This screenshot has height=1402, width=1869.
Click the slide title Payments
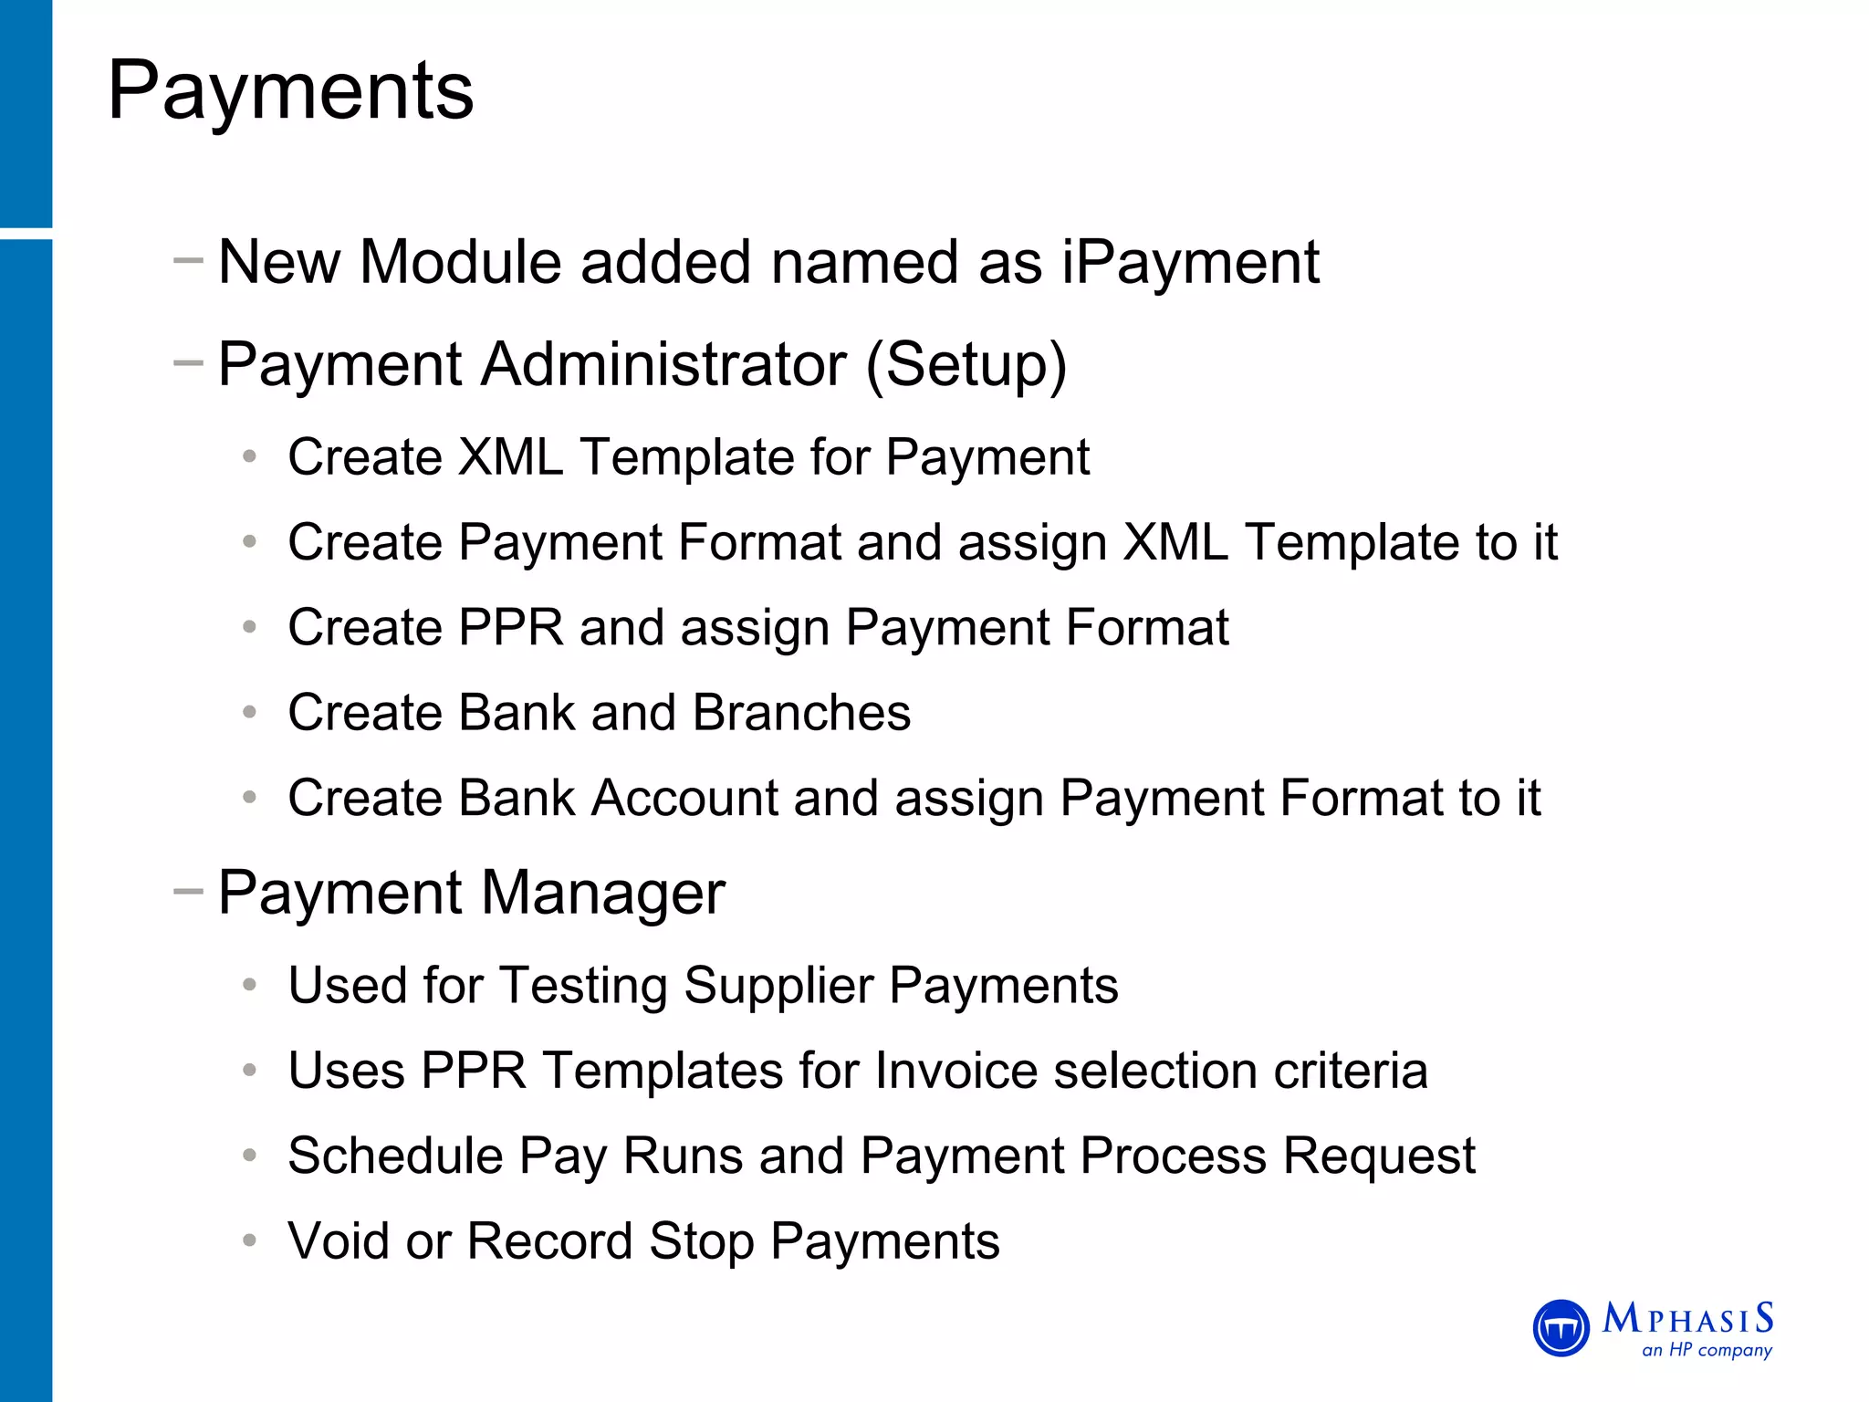[x=290, y=91]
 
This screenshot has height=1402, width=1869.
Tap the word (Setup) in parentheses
[x=966, y=365]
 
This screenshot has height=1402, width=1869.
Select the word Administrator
[x=663, y=364]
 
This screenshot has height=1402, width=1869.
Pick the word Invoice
[x=955, y=1071]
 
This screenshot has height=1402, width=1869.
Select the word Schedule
[x=395, y=1156]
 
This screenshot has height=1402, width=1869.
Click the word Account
[x=684, y=799]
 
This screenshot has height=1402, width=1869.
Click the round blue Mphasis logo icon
[x=1561, y=1328]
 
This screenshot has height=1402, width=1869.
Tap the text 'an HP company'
[x=1707, y=1350]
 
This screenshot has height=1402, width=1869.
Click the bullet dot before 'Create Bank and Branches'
[x=249, y=713]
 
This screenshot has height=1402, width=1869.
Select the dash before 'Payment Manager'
[x=188, y=892]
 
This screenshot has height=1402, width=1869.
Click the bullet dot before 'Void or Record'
[x=249, y=1241]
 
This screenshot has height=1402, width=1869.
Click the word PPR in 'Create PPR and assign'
[x=511, y=628]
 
